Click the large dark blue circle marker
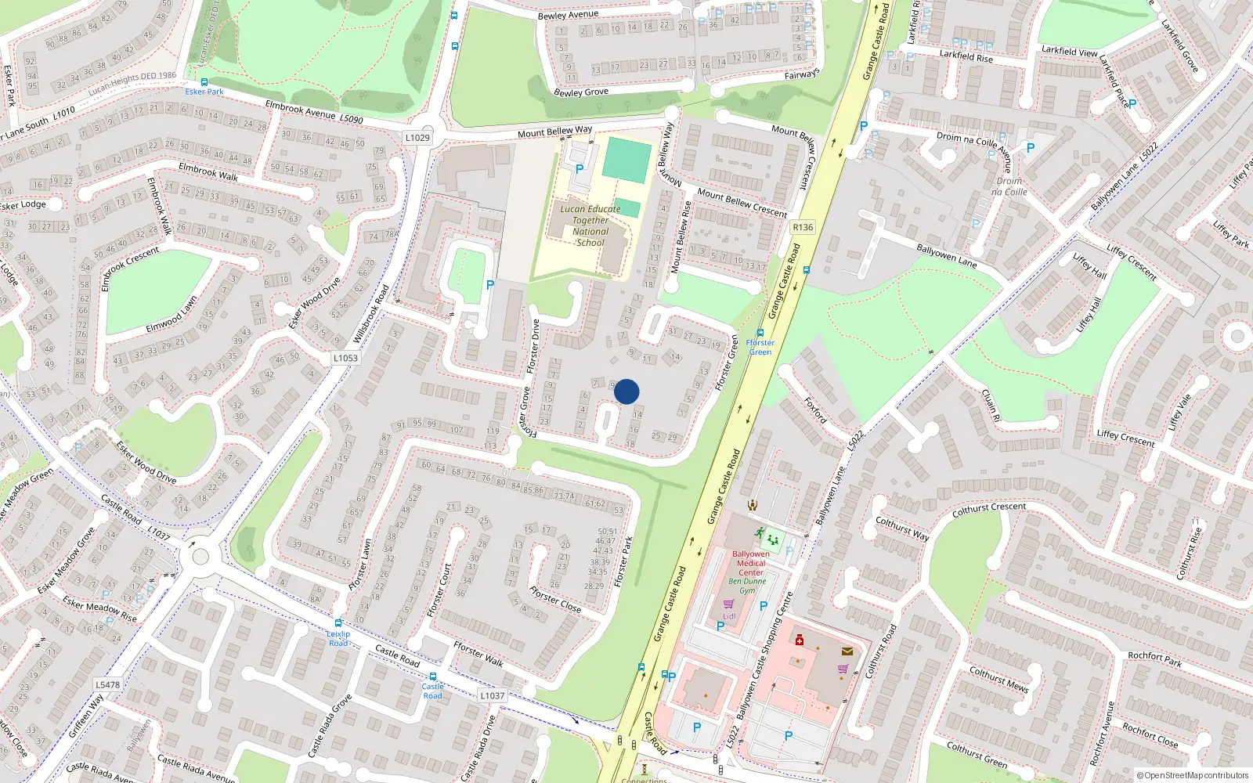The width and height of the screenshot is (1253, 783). tap(626, 391)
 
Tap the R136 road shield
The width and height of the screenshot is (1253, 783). tap(803, 227)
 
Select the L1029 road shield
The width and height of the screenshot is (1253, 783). tap(417, 138)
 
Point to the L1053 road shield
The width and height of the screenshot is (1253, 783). tap(345, 358)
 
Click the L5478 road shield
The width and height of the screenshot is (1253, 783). tap(108, 684)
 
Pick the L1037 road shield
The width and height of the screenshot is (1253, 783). tap(492, 695)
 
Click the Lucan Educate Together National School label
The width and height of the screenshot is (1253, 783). tap(590, 226)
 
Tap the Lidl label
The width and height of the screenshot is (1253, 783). tap(729, 616)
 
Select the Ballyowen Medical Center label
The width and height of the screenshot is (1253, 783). tap(750, 563)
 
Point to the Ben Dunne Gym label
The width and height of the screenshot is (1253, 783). tap(748, 586)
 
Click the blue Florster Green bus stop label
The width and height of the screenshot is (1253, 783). tap(760, 347)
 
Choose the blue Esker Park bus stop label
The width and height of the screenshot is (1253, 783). tap(204, 92)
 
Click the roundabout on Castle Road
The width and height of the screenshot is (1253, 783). tap(200, 557)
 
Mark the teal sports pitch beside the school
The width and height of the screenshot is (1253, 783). tap(626, 161)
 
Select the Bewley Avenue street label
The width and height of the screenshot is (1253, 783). tap(568, 15)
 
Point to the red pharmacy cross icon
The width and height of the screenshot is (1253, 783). tap(800, 640)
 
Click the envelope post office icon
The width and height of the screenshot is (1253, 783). tap(847, 651)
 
